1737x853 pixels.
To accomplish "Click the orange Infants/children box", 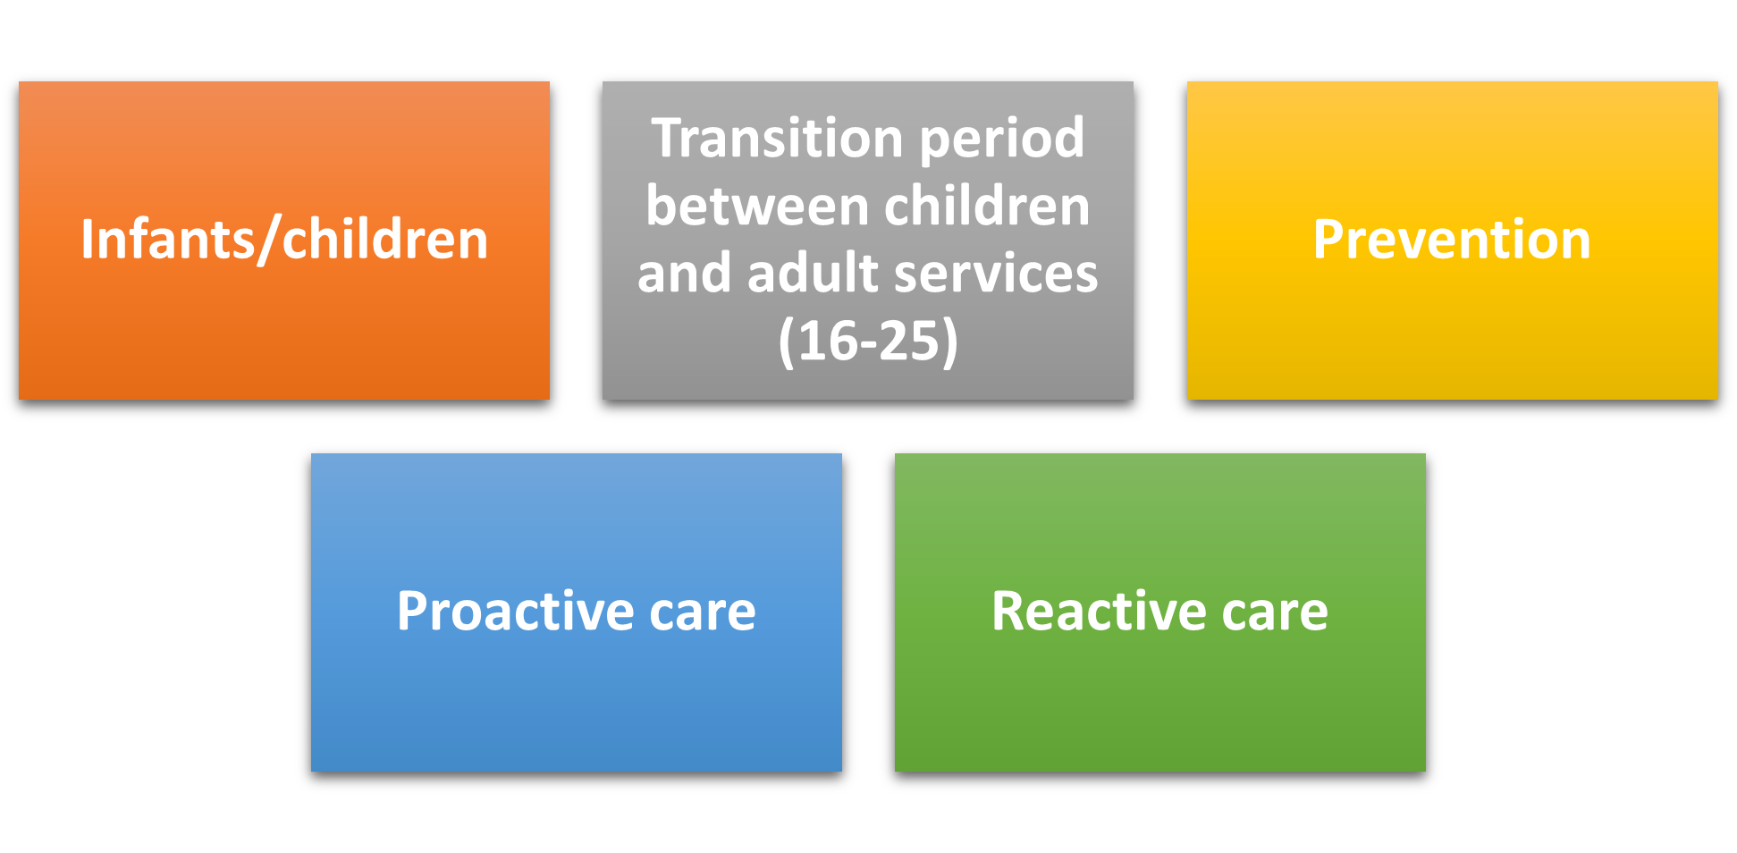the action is pos(284,241).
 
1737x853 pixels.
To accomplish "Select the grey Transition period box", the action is pos(868,241).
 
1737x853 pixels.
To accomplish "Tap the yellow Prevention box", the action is pos(1452,241).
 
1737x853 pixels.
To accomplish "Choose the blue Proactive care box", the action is pos(577,612).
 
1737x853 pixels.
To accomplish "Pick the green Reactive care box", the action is pos(1160,612).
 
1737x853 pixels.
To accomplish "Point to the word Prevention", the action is pos(1452,240).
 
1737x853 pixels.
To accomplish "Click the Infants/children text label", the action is pos(284,240).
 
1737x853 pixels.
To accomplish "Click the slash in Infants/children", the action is pos(268,241).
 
